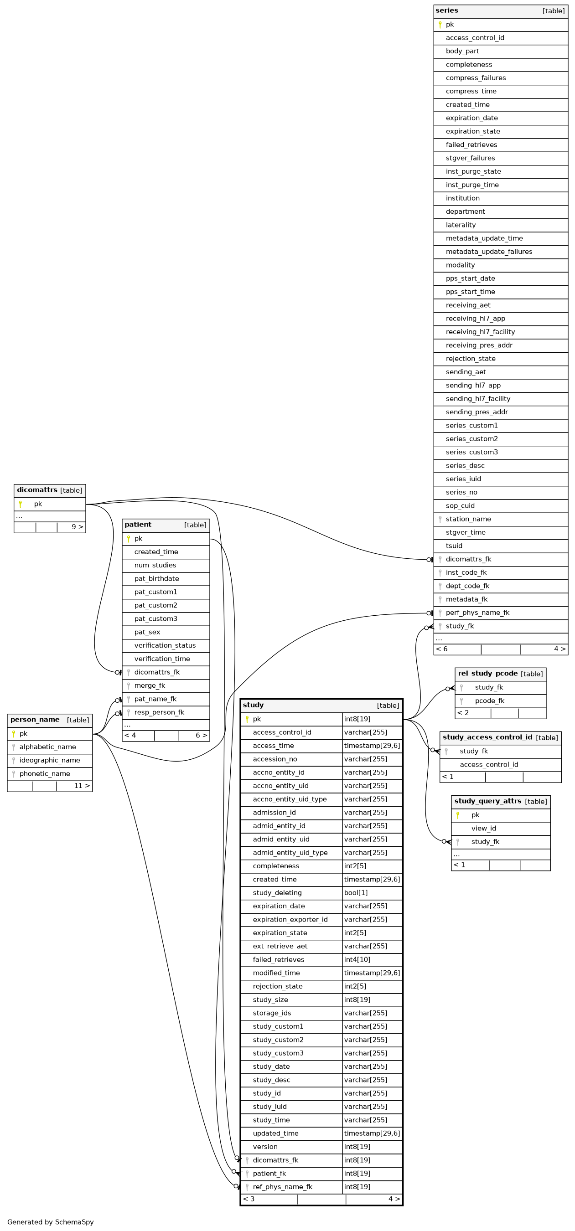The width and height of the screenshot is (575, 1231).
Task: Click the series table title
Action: pyautogui.click(x=446, y=10)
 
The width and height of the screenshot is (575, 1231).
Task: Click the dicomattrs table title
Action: pyautogui.click(x=37, y=490)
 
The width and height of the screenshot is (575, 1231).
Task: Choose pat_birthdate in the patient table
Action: pyautogui.click(x=157, y=579)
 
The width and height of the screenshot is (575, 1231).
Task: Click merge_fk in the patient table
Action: pyautogui.click(x=150, y=685)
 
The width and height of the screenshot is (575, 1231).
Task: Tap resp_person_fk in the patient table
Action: pyautogui.click(x=159, y=712)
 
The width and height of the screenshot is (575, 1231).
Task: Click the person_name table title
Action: pyautogui.click(x=35, y=720)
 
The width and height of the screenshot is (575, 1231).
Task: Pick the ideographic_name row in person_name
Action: pyautogui.click(x=50, y=760)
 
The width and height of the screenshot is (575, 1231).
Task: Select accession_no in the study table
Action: pyautogui.click(x=275, y=759)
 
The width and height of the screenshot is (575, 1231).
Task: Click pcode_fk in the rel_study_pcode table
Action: pyautogui.click(x=490, y=700)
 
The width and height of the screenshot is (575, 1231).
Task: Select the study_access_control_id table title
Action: pyautogui.click(x=487, y=737)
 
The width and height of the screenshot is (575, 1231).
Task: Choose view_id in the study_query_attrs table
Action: pyautogui.click(x=484, y=828)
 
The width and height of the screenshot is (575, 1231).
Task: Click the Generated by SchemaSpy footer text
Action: pyautogui.click(x=51, y=1222)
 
